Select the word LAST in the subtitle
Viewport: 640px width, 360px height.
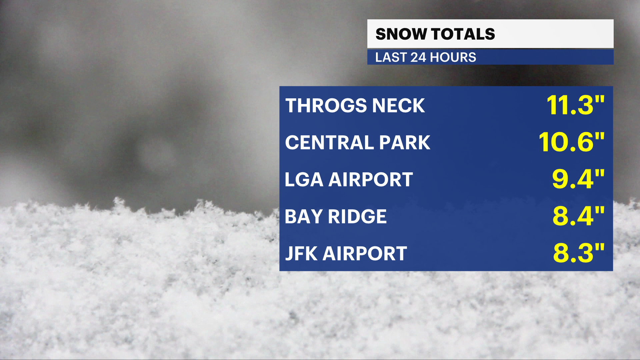391,57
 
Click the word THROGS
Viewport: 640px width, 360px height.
326,106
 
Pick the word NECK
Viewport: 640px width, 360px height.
398,106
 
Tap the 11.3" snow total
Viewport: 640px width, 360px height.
576,105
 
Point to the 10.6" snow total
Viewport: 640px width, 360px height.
572,142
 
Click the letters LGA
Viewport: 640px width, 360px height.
304,180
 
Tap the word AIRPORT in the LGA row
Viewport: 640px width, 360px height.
371,180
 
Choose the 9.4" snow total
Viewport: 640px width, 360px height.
578,179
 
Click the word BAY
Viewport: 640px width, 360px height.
304,217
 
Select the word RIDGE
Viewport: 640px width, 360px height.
357,217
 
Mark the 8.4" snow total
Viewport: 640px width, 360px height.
579,216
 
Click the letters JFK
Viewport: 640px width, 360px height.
301,254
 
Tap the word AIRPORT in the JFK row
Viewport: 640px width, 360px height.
365,254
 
